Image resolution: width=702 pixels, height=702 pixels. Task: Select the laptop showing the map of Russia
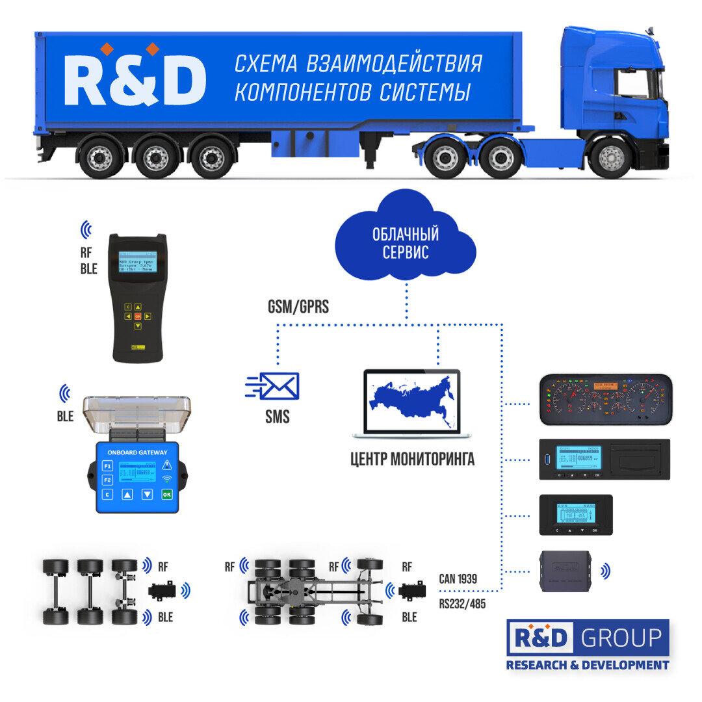tap(412, 403)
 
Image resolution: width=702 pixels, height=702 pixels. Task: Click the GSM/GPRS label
tap(298, 307)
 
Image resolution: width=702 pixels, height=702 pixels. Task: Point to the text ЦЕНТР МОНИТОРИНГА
tap(412, 460)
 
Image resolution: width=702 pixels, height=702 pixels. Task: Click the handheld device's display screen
tap(137, 262)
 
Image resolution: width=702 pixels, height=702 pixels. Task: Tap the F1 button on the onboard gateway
tap(107, 465)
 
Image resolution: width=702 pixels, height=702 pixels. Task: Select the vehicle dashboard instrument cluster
tap(605, 399)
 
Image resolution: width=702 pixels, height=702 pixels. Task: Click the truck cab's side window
tap(633, 84)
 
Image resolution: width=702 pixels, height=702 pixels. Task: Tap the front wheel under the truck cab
tap(610, 157)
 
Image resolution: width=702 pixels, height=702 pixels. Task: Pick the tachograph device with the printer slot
tap(605, 459)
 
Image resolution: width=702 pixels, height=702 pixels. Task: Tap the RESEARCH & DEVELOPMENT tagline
tap(587, 664)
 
